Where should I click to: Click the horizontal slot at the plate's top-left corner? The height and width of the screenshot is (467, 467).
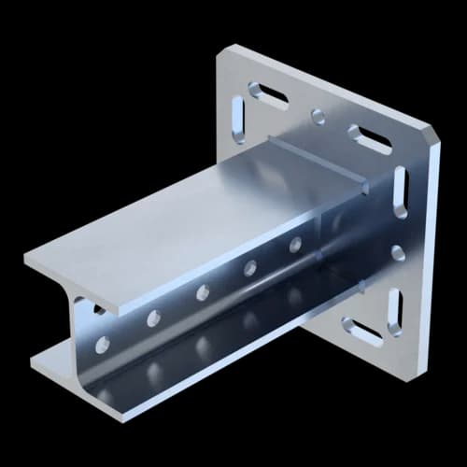pyautogui.click(x=267, y=92)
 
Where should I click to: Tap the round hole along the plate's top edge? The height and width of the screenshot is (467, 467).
pyautogui.click(x=318, y=116)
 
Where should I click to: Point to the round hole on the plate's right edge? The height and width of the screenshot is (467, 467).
pyautogui.click(x=398, y=252)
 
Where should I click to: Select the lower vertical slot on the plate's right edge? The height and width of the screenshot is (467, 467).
pyautogui.click(x=394, y=311)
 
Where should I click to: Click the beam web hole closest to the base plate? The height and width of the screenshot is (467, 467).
pyautogui.click(x=295, y=245)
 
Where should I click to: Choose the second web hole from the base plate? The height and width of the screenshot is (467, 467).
pyautogui.click(x=250, y=268)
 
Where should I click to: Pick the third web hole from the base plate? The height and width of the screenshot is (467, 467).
pyautogui.click(x=202, y=292)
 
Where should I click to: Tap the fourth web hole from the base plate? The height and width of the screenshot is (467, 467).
pyautogui.click(x=152, y=318)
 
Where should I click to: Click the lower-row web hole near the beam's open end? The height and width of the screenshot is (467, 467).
pyautogui.click(x=102, y=345)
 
